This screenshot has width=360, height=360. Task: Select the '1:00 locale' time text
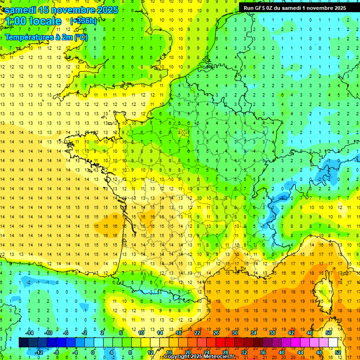pyautogui.click(x=32, y=21)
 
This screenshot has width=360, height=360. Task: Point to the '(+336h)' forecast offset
pyautogui.click(x=83, y=21)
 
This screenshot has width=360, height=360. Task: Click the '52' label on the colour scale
pyautogui.click(x=338, y=352)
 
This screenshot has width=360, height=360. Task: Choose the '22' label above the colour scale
pyautogui.click(x=197, y=333)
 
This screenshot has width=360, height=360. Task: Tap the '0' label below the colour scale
pyautogui.click(x=93, y=352)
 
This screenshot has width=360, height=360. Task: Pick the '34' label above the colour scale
pyautogui.click(x=254, y=333)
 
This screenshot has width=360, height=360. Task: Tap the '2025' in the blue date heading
pyautogui.click(x=107, y=10)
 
